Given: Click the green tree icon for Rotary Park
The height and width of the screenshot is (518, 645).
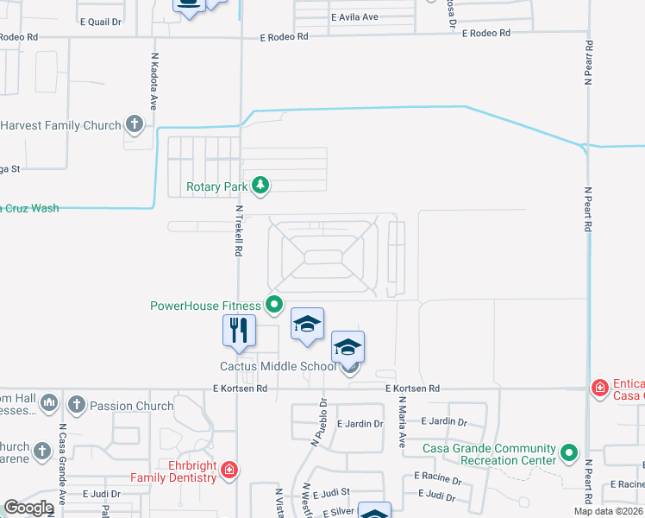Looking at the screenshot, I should pos(260,185).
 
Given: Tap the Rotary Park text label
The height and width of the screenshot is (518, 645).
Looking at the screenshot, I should pos(216,186).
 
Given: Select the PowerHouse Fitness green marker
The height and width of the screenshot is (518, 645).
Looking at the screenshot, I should pos(274,304).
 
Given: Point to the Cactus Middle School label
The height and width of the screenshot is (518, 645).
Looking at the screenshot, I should pos(278,366).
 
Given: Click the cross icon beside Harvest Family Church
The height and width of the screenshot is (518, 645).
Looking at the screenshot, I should pos(134,125).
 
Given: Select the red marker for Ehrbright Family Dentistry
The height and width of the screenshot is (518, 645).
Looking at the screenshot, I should pos(229,471).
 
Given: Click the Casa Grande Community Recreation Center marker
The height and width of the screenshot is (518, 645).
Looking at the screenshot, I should pos(568,452).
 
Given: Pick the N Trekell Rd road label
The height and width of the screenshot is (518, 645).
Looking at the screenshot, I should pos(239,231).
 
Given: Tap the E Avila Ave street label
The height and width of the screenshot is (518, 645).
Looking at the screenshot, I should pos(354,17).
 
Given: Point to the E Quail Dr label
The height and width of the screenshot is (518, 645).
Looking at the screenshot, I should pos(102,22).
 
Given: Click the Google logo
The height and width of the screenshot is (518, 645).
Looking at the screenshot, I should pos(28,508).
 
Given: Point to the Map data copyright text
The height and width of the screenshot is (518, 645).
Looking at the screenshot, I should pos(609,511).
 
